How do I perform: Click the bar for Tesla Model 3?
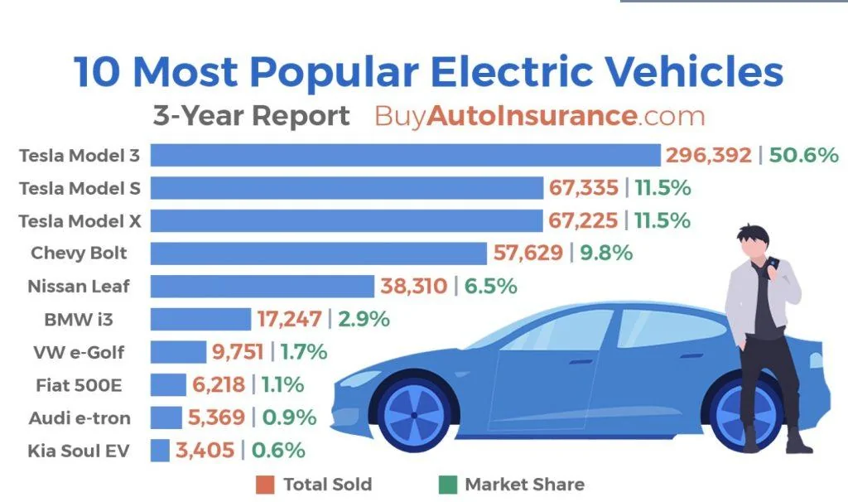click(x=405, y=156)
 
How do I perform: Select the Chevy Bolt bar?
click(x=318, y=253)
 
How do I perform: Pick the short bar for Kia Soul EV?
click(x=160, y=451)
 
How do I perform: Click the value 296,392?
click(x=708, y=156)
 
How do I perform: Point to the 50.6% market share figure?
click(x=804, y=156)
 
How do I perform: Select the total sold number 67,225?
click(x=583, y=221)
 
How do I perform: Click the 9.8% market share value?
click(x=605, y=253)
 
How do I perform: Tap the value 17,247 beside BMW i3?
click(x=290, y=319)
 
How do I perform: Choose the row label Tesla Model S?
click(x=79, y=188)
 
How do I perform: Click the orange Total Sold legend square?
click(x=264, y=485)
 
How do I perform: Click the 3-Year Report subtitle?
click(x=251, y=116)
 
